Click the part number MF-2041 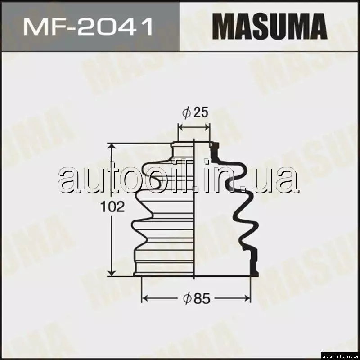(x=88, y=27)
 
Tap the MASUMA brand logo (x=270, y=27)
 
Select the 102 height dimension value (x=112, y=207)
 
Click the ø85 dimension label (x=197, y=298)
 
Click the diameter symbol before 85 (x=187, y=298)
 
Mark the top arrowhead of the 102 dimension (x=112, y=146)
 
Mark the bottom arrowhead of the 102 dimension (x=112, y=273)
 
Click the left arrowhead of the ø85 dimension (x=144, y=298)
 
